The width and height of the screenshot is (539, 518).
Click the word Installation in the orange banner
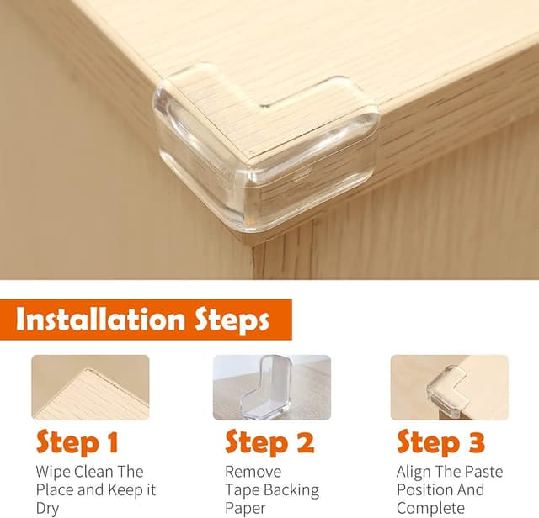coord(100,320)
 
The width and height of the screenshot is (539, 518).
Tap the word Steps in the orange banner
coord(232,320)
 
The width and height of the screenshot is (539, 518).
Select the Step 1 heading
coord(77,442)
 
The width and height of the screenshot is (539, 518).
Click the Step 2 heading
coord(269,442)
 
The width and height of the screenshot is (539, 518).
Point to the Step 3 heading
coord(440,442)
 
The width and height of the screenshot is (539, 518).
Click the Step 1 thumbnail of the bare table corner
coord(90,387)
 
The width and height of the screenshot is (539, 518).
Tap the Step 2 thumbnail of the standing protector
coord(272,387)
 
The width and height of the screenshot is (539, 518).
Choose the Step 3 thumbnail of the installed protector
coord(450,387)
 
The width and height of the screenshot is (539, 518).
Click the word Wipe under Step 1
coord(53,472)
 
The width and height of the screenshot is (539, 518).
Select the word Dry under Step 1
coord(47,509)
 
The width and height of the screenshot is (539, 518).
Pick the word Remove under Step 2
coord(253,472)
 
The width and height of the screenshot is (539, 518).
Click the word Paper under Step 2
coord(245,509)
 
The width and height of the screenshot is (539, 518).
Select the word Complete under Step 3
coord(430,509)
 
